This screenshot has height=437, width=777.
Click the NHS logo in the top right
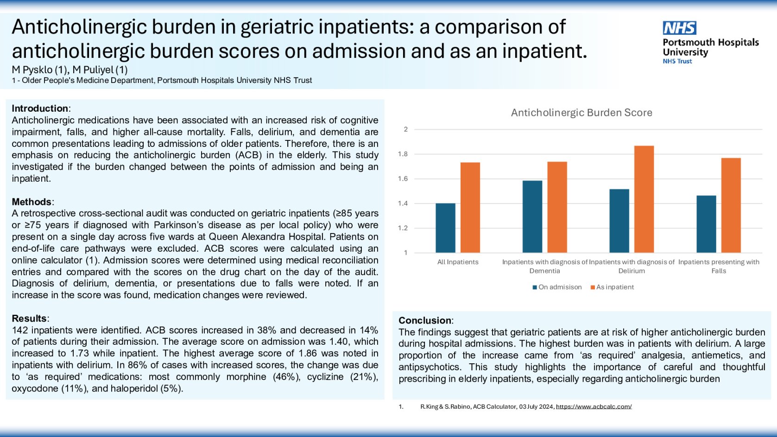pos(679,28)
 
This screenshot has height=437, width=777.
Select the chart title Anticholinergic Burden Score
pos(581,113)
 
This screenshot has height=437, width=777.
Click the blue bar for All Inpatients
pos(445,228)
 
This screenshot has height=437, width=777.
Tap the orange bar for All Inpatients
pos(470,208)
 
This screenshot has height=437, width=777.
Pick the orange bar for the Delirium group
pos(644,199)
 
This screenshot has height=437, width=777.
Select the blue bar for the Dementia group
pos(532,216)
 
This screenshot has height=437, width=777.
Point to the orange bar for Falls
pos(731,205)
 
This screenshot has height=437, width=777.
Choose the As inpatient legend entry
pos(612,287)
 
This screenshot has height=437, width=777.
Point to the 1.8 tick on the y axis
pos(403,154)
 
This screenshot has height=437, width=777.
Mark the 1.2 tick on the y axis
pos(403,228)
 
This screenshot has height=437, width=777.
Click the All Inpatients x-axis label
pos(458,262)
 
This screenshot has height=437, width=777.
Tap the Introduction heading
pos(40,108)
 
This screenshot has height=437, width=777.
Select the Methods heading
pos(32,202)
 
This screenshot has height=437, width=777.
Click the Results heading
pos(29,319)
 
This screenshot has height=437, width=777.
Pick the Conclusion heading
pos(425,321)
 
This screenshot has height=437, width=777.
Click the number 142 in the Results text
pos(20,330)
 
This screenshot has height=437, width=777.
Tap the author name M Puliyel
pos(100,70)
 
